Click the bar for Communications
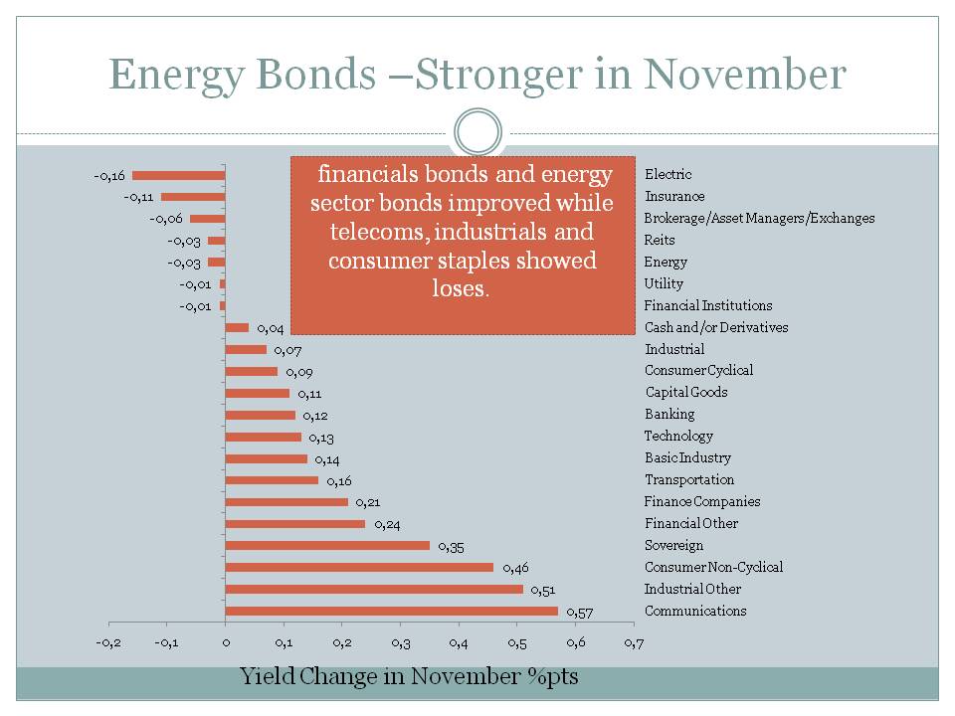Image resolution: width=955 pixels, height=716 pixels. (392, 612)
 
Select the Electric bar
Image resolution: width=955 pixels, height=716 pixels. (179, 175)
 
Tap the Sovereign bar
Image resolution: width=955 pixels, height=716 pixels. (327, 545)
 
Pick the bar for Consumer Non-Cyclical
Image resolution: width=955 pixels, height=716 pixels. (359, 567)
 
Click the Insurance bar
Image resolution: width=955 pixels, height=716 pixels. (193, 197)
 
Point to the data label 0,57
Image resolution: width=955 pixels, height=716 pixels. (579, 612)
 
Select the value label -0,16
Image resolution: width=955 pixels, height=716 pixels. (111, 176)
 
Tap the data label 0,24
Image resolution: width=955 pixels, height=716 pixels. (386, 524)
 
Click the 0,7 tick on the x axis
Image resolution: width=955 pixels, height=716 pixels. (633, 643)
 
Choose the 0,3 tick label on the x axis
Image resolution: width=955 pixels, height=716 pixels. (400, 643)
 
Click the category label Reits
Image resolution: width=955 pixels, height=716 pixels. (660, 240)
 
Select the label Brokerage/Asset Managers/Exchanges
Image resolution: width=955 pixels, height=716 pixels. (759, 218)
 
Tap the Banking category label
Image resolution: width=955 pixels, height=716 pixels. (669, 414)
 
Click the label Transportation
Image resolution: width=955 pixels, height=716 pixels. (689, 479)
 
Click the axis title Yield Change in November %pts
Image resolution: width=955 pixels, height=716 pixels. (409, 677)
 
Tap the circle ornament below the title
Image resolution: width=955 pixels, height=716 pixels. (477, 132)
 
